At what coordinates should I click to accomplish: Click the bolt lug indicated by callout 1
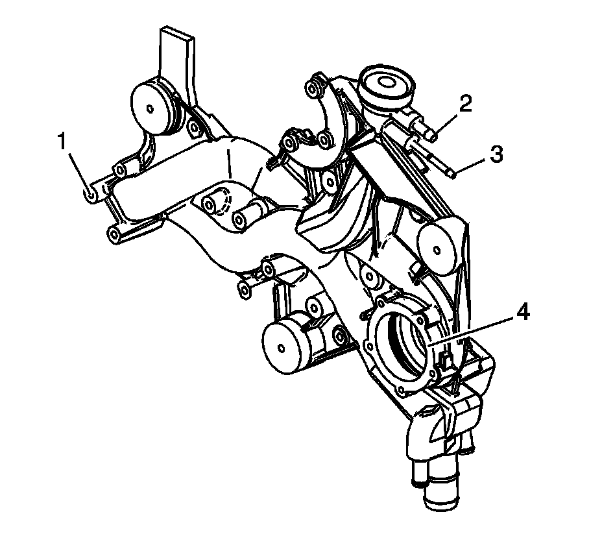click(91, 193)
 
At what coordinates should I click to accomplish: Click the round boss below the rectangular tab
click(154, 106)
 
